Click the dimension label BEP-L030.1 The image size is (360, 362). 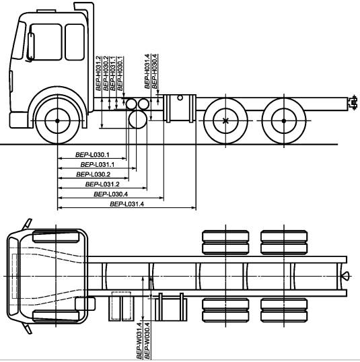click(x=92, y=155)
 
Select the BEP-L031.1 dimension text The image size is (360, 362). click(x=97, y=165)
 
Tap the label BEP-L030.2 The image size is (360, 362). click(x=93, y=174)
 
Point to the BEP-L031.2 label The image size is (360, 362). click(x=102, y=184)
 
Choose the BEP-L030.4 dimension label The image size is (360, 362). click(x=110, y=194)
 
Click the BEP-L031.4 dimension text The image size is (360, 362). click(x=127, y=204)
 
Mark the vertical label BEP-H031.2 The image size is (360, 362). click(x=98, y=73)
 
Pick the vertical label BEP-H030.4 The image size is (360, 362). click(x=155, y=71)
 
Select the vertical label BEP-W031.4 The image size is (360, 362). click(x=139, y=341)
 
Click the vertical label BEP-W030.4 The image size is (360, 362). click(x=147, y=341)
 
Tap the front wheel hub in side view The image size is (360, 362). click(x=57, y=120)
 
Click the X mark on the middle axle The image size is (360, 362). click(x=225, y=120)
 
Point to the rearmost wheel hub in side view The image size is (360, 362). click(x=284, y=120)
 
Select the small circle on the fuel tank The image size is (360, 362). click(x=180, y=98)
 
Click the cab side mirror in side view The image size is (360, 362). click(x=30, y=46)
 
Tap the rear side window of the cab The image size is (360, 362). click(x=75, y=42)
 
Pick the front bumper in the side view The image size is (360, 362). click(x=19, y=120)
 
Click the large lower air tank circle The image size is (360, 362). click(x=138, y=120)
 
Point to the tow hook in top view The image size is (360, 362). click(x=346, y=276)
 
